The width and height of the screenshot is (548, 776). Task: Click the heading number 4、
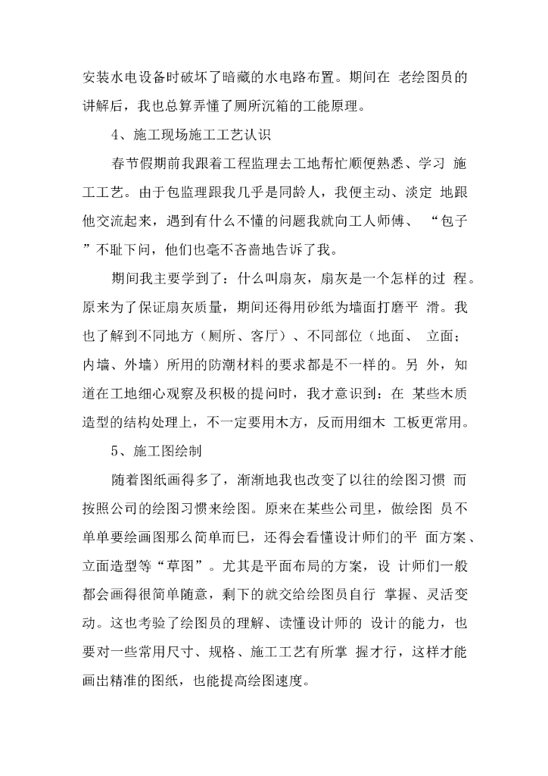pos(120,135)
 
